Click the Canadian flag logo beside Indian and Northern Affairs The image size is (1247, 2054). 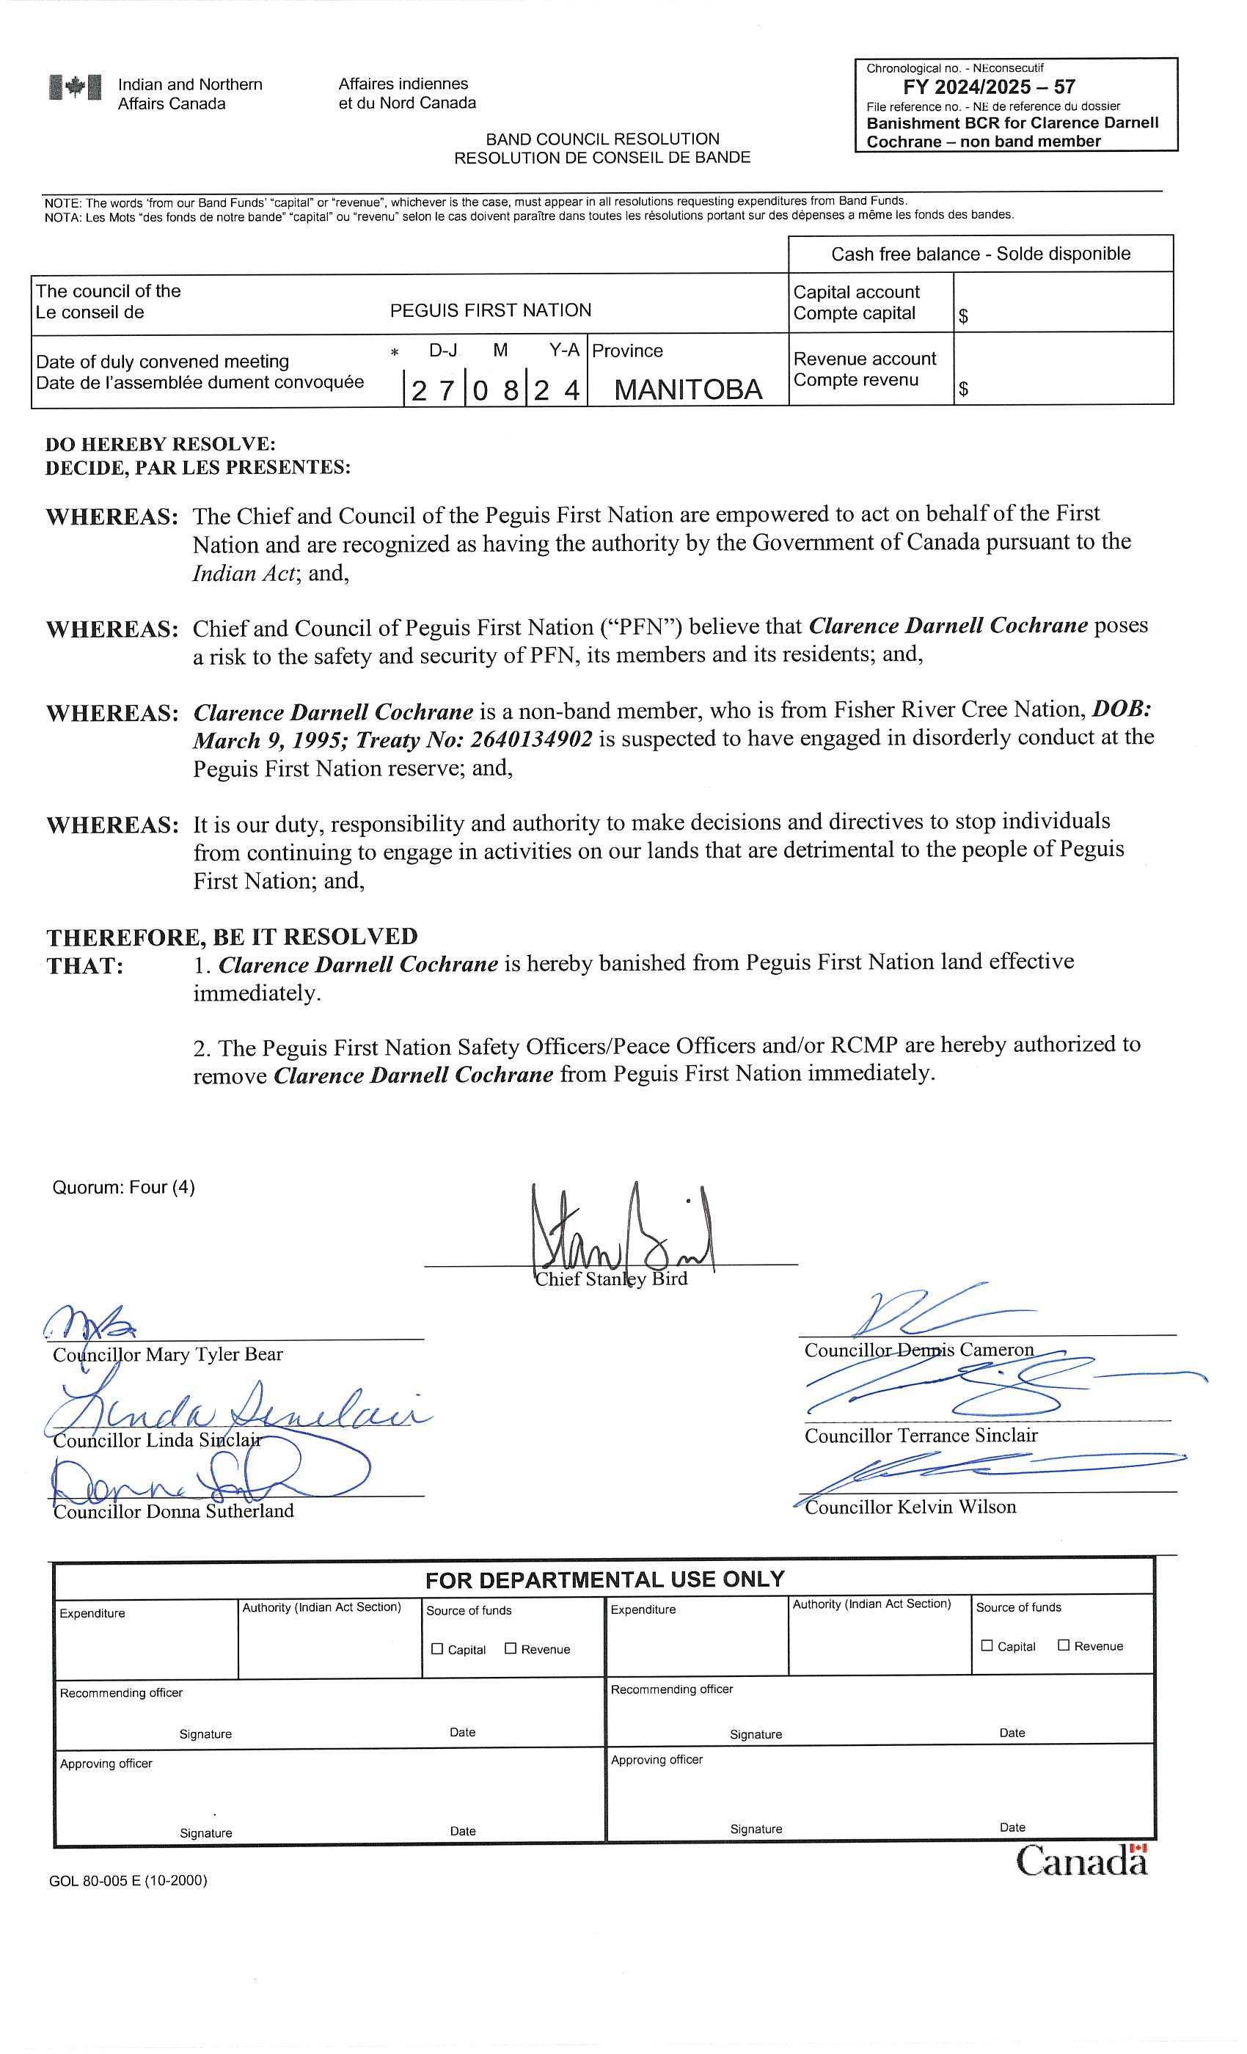pyautogui.click(x=75, y=87)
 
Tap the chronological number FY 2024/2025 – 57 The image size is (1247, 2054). pyautogui.click(x=989, y=87)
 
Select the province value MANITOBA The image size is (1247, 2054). pyautogui.click(x=688, y=390)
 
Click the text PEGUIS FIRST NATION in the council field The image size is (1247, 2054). pyautogui.click(x=490, y=310)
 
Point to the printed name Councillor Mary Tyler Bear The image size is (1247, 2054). pyautogui.click(x=167, y=1355)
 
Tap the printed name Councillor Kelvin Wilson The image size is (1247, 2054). pyautogui.click(x=910, y=1506)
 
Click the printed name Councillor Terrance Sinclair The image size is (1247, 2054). pyautogui.click(x=921, y=1435)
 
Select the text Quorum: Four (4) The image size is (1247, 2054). pyautogui.click(x=123, y=1187)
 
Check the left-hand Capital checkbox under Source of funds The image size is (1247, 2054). pyautogui.click(x=436, y=1649)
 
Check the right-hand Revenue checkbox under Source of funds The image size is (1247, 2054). pyautogui.click(x=1064, y=1645)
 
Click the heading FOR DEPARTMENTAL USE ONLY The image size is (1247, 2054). pyautogui.click(x=604, y=1579)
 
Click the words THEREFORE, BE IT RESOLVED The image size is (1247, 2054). pyautogui.click(x=232, y=937)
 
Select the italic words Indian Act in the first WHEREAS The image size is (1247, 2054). pyautogui.click(x=244, y=574)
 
